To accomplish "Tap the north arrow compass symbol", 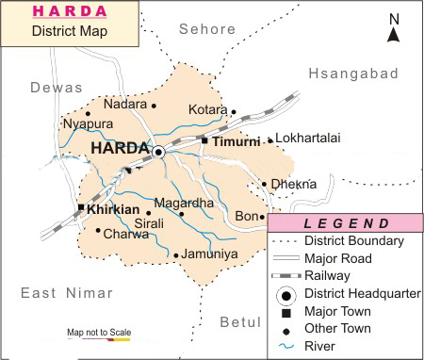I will click(x=395, y=29).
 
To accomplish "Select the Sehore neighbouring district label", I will click(x=209, y=29).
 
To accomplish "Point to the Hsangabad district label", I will click(x=359, y=72).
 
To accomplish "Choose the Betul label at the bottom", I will click(x=238, y=322).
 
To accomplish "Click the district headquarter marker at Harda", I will click(x=158, y=152).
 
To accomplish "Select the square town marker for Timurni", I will click(x=204, y=140).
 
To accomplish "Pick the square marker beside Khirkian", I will click(x=82, y=206).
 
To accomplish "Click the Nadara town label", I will click(x=125, y=104).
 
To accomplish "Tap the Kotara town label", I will click(x=208, y=110).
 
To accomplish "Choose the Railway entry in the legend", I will click(x=328, y=275).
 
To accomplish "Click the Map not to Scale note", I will click(x=98, y=333).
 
